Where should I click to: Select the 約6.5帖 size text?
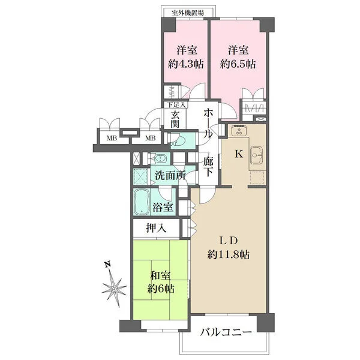click(238, 63)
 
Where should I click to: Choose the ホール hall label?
click(208, 122)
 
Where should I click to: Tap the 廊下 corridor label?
click(208, 166)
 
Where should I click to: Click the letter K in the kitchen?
click(238, 154)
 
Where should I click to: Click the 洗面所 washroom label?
click(170, 176)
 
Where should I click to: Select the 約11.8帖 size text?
click(230, 254)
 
